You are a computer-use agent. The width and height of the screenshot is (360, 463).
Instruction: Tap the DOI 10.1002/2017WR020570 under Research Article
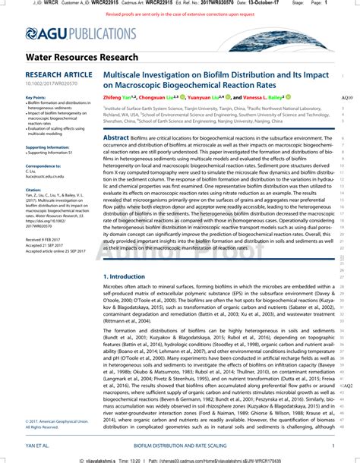[x=46, y=84]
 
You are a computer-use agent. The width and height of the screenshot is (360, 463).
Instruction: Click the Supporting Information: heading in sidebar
[x=47, y=147]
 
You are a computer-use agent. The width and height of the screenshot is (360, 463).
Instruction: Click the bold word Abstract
[x=116, y=137]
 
